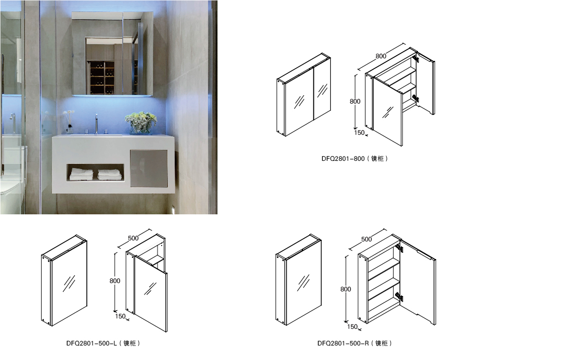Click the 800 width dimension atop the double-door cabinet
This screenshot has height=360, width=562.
[x=381, y=56]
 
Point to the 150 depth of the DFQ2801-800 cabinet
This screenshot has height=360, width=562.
[x=359, y=133]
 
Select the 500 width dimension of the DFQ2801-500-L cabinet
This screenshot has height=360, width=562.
[x=133, y=238]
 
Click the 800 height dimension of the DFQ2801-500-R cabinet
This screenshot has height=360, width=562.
[x=346, y=289]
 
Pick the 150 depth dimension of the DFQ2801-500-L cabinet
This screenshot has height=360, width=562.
[x=121, y=316]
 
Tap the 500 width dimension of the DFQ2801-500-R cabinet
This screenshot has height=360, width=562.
[x=367, y=239]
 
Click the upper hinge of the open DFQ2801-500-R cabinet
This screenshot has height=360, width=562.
[x=399, y=248]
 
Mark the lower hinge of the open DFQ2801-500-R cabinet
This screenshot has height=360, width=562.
[x=399, y=297]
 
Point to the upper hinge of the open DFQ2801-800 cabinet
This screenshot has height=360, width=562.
[x=415, y=58]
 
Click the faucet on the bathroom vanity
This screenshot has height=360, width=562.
[x=96, y=123]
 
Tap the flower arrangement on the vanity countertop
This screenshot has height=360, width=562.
[x=141, y=122]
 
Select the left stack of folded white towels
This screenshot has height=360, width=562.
[x=81, y=174]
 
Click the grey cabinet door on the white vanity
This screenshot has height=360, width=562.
[x=149, y=168]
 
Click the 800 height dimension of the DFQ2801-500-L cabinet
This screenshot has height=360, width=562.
[x=115, y=281]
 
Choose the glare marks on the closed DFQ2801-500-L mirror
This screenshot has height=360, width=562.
[x=69, y=284]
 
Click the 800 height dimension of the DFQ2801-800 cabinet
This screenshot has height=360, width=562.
[x=355, y=101]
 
